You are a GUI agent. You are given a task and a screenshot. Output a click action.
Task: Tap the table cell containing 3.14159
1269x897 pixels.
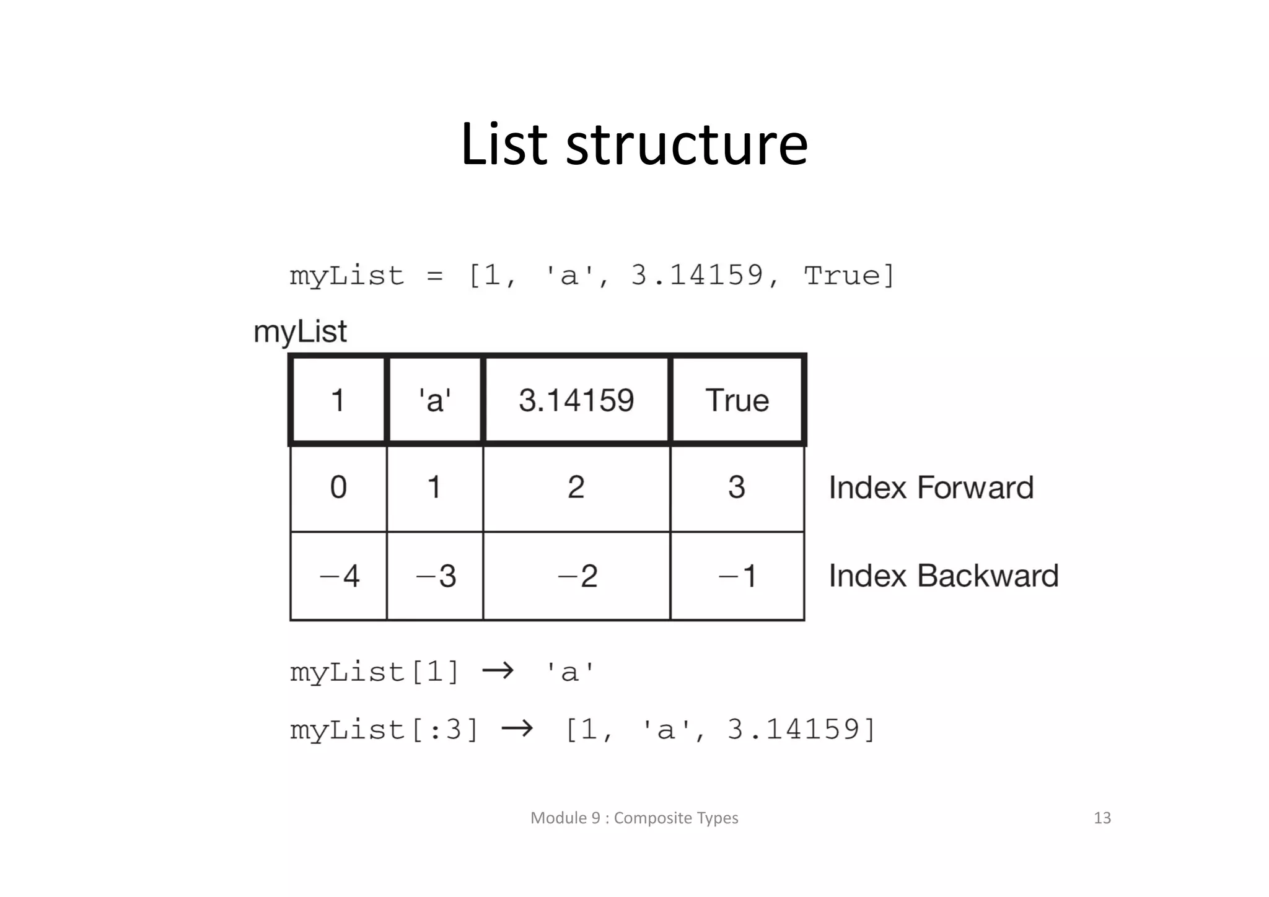click(576, 400)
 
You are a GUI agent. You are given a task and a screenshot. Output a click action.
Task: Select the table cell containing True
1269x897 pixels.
click(737, 400)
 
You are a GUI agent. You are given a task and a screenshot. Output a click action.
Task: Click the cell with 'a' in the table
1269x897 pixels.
click(434, 400)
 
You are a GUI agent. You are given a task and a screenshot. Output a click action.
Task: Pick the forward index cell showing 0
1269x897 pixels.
click(338, 488)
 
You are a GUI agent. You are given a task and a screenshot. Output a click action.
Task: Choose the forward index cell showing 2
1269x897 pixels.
click(576, 488)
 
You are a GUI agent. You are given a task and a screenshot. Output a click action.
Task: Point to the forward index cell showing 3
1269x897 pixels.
click(737, 488)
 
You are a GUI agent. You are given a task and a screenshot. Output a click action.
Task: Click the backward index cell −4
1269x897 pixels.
click(338, 576)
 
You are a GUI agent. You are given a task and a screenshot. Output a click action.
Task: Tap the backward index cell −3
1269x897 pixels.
click(435, 576)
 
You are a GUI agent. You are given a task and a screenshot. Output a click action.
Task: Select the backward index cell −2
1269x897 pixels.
click(576, 576)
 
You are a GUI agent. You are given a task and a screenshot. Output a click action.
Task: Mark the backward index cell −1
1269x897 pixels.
click(737, 576)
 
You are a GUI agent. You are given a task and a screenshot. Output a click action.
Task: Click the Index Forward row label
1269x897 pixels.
click(931, 488)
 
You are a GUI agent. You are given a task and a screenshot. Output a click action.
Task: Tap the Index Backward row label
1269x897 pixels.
click(944, 576)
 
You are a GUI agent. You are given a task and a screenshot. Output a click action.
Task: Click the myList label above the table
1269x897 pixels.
click(300, 332)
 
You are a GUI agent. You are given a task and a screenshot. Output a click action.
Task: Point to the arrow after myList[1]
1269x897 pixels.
click(498, 671)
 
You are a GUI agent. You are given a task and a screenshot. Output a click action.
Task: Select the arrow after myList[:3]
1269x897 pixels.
click(517, 729)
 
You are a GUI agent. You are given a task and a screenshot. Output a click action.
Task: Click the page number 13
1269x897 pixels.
click(1102, 818)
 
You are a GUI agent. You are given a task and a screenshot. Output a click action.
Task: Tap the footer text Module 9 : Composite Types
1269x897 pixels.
click(634, 818)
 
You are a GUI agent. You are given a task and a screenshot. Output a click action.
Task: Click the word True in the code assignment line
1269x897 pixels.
click(841, 276)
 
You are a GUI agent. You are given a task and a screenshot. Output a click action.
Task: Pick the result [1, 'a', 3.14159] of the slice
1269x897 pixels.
click(721, 730)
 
